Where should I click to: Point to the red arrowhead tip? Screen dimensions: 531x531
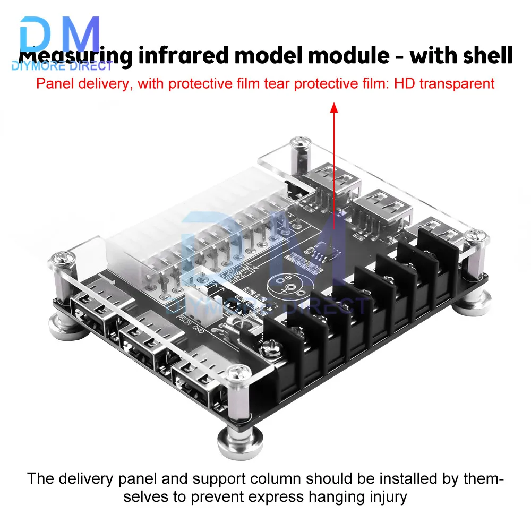pyautogui.click(x=334, y=106)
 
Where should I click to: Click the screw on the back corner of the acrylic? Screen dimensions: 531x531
pyautogui.click(x=299, y=144)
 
